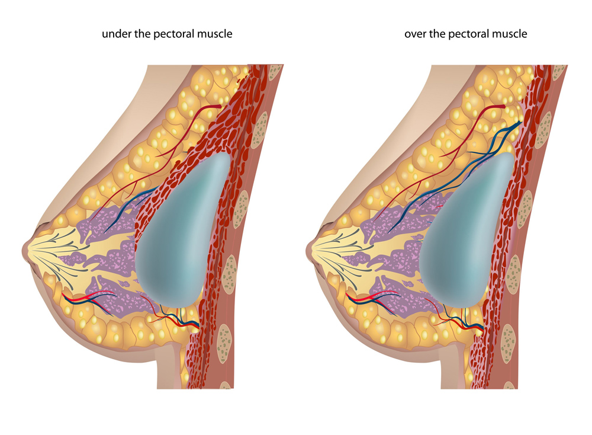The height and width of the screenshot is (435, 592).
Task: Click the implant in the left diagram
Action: (x=182, y=231)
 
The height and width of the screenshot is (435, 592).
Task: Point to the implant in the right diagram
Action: (x=466, y=231)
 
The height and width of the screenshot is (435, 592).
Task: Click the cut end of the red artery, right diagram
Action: (x=502, y=107)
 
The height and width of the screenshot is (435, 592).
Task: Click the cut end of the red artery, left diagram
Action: (x=218, y=107)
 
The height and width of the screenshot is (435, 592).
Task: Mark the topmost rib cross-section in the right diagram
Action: (x=559, y=72)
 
